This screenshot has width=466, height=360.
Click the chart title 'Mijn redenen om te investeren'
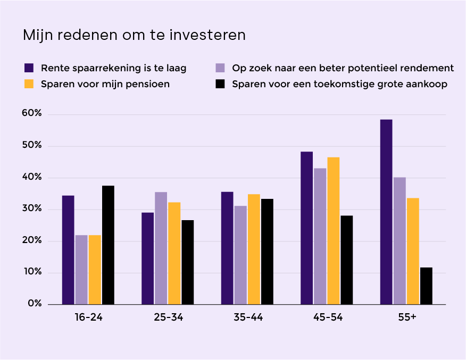[x=134, y=35]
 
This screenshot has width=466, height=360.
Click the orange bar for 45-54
[x=333, y=231]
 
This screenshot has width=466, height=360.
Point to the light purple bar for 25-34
[x=161, y=248]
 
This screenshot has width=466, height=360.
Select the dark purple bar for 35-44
[x=227, y=248]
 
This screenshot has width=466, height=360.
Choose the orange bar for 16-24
[x=95, y=270]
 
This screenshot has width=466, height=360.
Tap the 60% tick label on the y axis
[x=31, y=114]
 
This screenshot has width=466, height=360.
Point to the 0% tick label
[x=35, y=304]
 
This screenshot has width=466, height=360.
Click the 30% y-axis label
[x=31, y=209]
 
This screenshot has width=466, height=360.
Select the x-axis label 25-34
[x=168, y=317]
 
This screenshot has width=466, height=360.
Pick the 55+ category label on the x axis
[x=406, y=317]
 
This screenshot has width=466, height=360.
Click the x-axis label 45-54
[x=327, y=317]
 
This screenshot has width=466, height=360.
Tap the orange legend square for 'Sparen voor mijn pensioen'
[x=29, y=84]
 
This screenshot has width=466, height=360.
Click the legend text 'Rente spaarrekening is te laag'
[x=113, y=68]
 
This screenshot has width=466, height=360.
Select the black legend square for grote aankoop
[x=220, y=84]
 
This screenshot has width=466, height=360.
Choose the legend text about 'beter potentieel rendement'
[x=343, y=68]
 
